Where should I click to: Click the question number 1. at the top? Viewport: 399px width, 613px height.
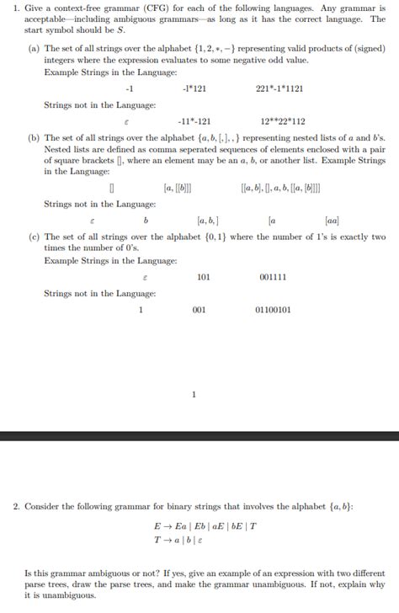[17, 11]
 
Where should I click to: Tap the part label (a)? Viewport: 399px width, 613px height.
[35, 50]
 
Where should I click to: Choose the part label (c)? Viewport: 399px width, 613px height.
[35, 238]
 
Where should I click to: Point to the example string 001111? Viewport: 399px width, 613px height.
[273, 277]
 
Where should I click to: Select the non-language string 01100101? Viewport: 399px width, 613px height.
[273, 310]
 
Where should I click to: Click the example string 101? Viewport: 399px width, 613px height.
[203, 277]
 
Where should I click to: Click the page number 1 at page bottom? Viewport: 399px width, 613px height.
[194, 394]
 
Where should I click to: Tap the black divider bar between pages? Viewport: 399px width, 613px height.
[199, 435]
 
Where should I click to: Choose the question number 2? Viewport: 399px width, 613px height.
[17, 507]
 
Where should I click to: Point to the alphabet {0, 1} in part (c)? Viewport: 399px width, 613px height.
[200, 238]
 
